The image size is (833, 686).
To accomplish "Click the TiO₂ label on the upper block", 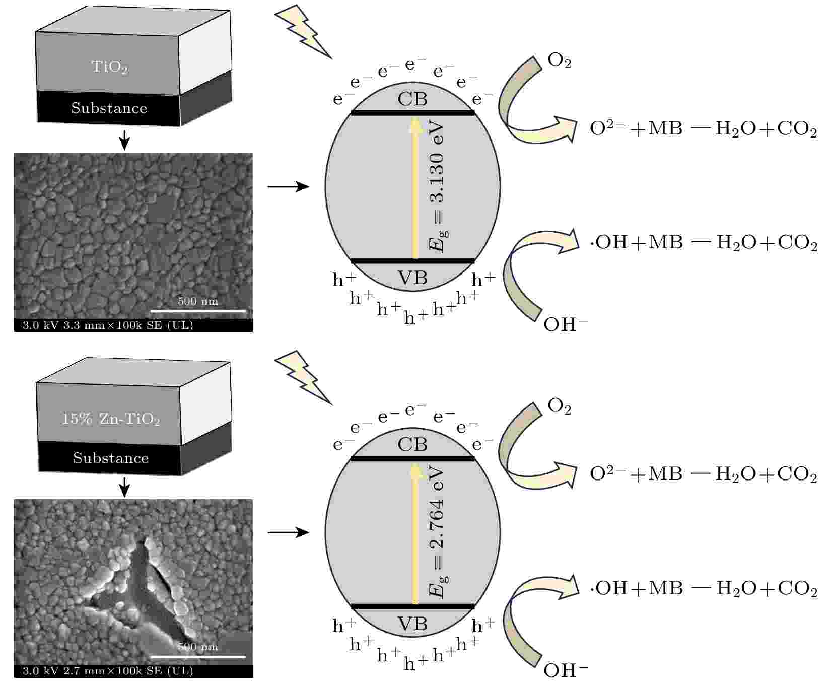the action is point(109,67).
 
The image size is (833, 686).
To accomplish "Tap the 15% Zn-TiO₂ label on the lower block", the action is point(111,419).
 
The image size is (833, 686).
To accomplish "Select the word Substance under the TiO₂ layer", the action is point(109,108).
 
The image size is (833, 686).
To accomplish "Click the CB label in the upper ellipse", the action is point(412,98).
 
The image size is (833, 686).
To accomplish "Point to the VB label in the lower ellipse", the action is point(412,624).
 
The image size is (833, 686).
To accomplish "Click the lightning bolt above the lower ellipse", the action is point(303,378).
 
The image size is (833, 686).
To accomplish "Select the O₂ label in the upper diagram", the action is point(559,61).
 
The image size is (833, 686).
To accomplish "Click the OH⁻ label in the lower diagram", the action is point(566,670).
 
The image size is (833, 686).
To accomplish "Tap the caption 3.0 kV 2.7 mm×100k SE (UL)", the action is point(108,671).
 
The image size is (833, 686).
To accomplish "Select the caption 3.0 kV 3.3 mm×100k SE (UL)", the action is point(108,325).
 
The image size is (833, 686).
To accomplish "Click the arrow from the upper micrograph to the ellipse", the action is point(288,187).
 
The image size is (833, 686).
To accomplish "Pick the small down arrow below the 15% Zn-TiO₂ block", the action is point(124,487).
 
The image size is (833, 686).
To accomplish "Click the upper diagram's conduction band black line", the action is point(413,112).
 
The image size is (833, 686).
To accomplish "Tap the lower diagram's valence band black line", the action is point(413,606).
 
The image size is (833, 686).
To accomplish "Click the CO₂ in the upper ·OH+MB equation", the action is point(797,243).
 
